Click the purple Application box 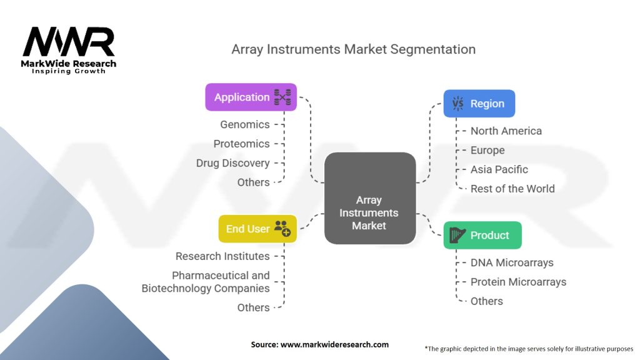(251, 97)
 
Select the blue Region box (479, 103)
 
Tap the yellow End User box (257, 229)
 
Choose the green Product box (482, 235)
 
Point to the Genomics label (244, 124)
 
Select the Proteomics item (241, 144)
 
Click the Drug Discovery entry (232, 163)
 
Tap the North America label (506, 131)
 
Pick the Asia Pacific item (499, 169)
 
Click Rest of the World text (512, 188)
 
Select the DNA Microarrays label (511, 262)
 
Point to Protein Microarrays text (518, 282)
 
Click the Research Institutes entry (222, 256)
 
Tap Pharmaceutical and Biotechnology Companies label (206, 282)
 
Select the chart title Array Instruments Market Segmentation (353, 49)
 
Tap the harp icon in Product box (458, 235)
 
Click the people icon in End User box (282, 228)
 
